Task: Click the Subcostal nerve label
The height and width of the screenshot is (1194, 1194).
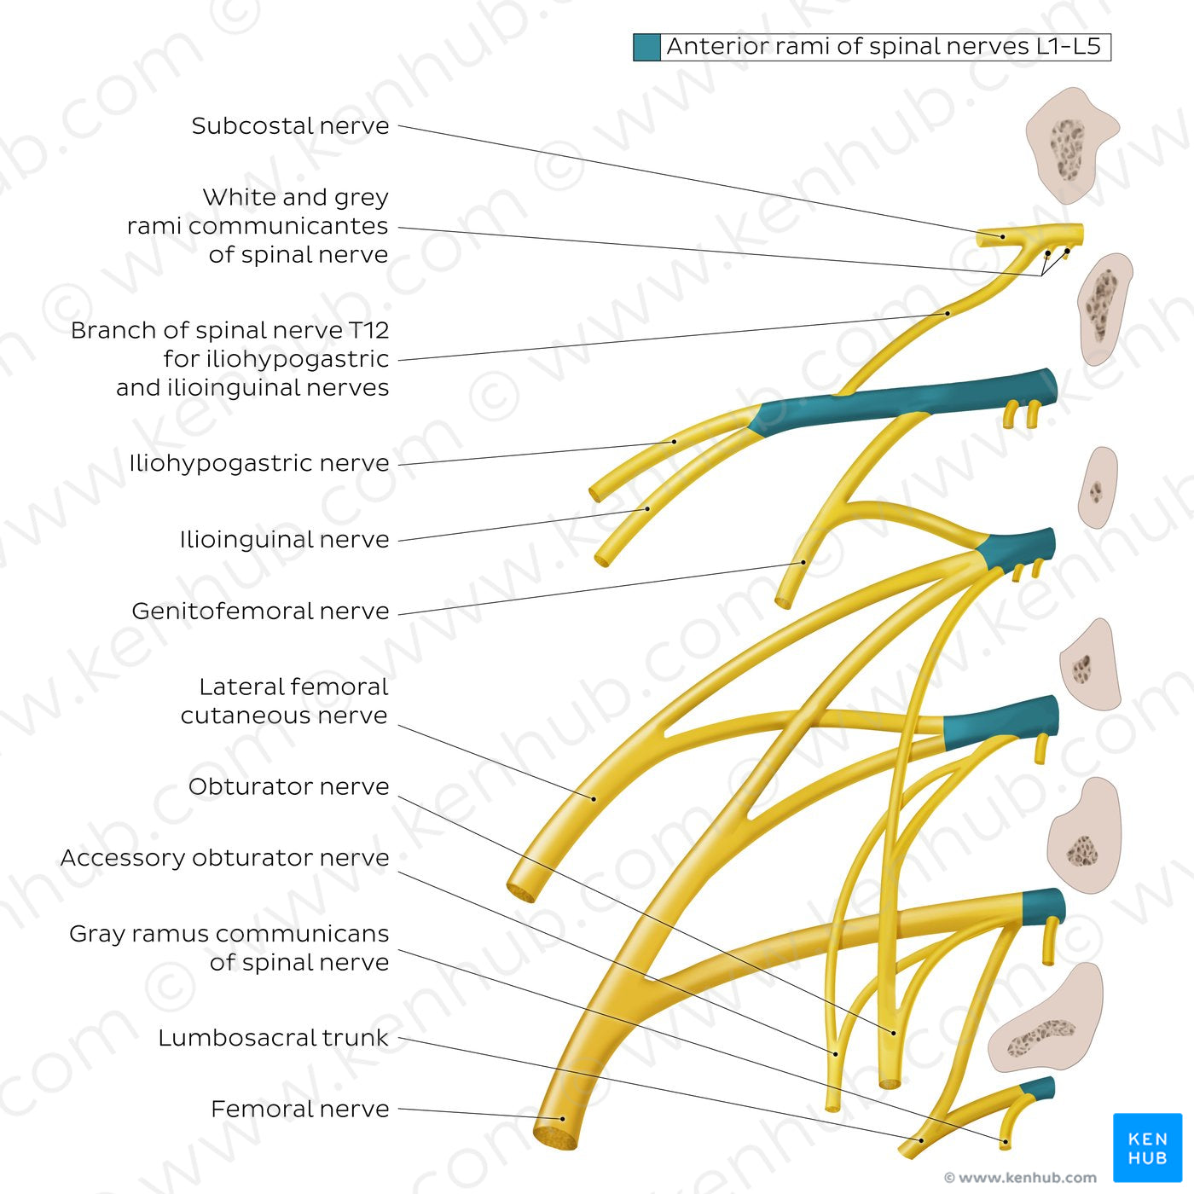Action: pyautogui.click(x=290, y=126)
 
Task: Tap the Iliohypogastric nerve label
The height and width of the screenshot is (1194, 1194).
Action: pyautogui.click(x=258, y=463)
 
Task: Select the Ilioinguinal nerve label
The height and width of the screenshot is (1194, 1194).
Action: pyautogui.click(x=284, y=539)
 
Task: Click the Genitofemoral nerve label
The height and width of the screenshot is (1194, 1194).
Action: pyautogui.click(x=260, y=611)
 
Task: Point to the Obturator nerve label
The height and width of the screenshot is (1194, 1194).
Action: pyautogui.click(x=288, y=786)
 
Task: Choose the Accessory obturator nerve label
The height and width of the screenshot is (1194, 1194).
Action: pyautogui.click(x=224, y=857)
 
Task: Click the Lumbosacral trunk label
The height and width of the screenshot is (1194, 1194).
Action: pyautogui.click(x=273, y=1037)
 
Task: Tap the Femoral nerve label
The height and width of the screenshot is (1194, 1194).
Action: pyautogui.click(x=299, y=1109)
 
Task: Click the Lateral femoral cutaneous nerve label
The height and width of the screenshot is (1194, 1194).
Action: pyautogui.click(x=284, y=701)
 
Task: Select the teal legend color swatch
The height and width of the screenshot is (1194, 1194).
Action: pyautogui.click(x=646, y=47)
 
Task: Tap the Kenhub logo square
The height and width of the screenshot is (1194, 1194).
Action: pyautogui.click(x=1147, y=1147)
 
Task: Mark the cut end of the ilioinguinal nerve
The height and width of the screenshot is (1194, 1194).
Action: pyautogui.click(x=602, y=560)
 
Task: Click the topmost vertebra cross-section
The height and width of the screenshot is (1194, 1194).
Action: pyautogui.click(x=1069, y=145)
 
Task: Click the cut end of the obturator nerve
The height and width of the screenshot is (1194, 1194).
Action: pyautogui.click(x=890, y=1084)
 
